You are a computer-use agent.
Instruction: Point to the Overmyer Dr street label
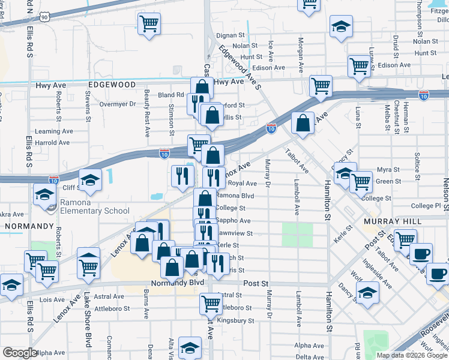point(118,104)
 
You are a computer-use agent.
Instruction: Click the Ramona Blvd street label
point(235,196)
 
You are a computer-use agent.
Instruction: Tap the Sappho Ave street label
point(235,221)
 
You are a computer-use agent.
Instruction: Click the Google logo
point(20,353)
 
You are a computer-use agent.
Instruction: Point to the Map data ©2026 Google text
point(412,355)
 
